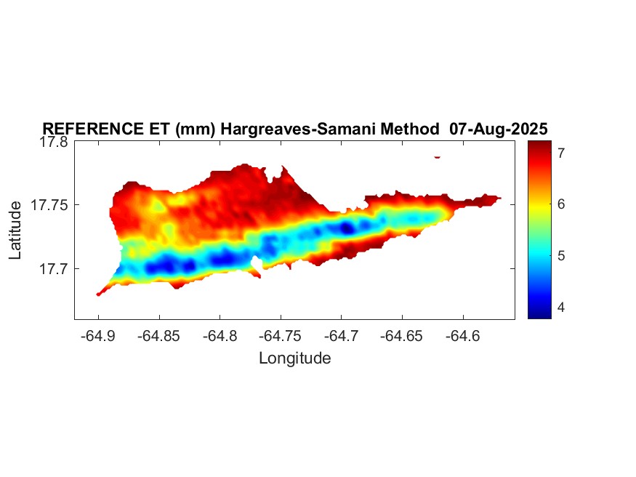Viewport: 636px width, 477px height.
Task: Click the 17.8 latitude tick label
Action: click(x=54, y=142)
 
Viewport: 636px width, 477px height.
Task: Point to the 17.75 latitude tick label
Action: click(x=50, y=205)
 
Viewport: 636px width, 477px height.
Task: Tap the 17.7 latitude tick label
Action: click(x=54, y=268)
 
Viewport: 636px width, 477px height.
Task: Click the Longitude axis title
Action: click(x=294, y=358)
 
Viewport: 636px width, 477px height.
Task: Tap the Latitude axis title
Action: click(x=16, y=231)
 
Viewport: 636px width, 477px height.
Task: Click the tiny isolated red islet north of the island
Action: click(x=437, y=156)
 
